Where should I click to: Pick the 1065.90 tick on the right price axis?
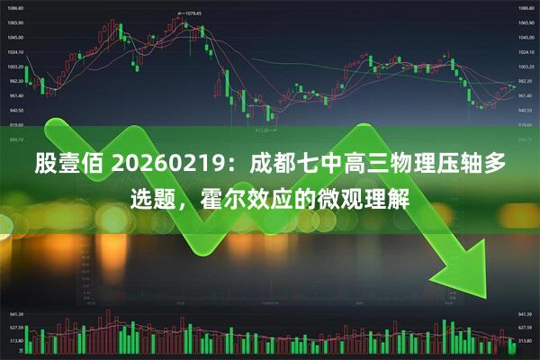click(526, 22)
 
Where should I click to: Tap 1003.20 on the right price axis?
click(526, 67)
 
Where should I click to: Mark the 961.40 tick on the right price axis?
click(526, 95)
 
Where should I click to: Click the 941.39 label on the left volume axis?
click(15, 315)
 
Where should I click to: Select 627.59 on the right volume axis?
click(525, 328)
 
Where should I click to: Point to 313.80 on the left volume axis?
click(15, 342)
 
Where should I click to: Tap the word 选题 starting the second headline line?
click(147, 200)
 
